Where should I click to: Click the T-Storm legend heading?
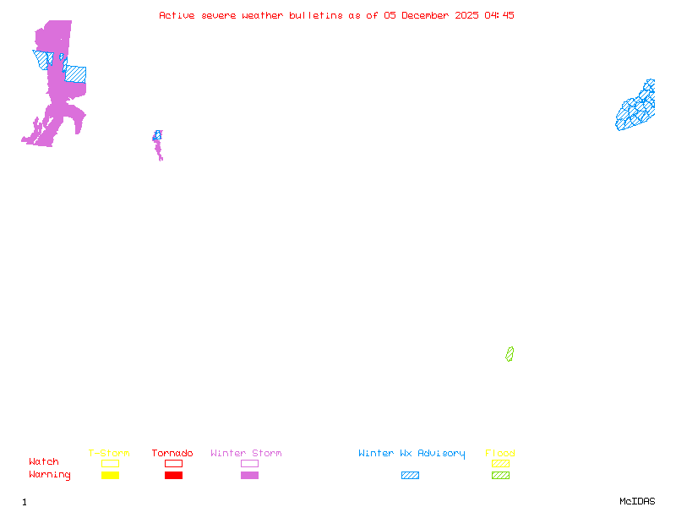(x=109, y=454)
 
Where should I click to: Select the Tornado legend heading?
(x=172, y=454)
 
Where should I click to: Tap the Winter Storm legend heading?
(x=246, y=454)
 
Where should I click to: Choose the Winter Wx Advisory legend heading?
(x=412, y=454)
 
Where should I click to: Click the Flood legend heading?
(x=500, y=454)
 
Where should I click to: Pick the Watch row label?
(x=44, y=462)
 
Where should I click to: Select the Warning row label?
(x=50, y=475)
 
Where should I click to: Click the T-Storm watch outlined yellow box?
(x=110, y=463)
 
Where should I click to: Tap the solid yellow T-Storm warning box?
(x=110, y=475)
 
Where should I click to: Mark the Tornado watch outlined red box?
(x=173, y=463)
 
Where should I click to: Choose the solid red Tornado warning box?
(x=173, y=475)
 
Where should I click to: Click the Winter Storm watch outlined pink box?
(x=249, y=463)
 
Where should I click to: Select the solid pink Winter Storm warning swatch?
(x=249, y=475)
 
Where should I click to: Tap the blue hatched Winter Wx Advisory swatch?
(x=410, y=475)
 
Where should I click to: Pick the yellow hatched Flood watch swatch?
(x=500, y=463)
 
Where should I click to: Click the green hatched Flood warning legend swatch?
(x=500, y=475)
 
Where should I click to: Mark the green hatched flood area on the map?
(x=510, y=354)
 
